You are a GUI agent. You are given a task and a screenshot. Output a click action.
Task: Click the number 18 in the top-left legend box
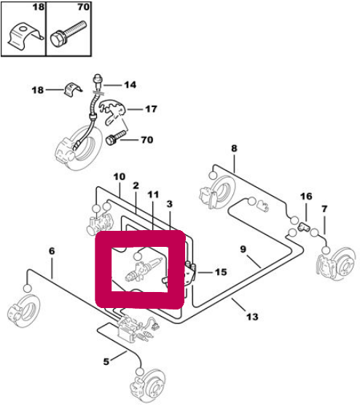coord(38,7)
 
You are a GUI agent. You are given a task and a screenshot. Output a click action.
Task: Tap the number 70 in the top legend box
coord(83,7)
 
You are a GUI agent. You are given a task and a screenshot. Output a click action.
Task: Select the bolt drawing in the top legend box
coord(69,33)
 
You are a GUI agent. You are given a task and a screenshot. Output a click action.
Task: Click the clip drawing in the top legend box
coord(25,36)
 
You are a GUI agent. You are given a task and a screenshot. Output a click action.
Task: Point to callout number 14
coord(130,84)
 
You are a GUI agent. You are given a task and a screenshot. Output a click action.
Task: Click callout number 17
coord(151,109)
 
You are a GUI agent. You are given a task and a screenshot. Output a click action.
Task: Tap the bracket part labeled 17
coord(112,111)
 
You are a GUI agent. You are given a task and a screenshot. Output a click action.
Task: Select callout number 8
coord(234,148)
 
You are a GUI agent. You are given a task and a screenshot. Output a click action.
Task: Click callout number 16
coord(306,197)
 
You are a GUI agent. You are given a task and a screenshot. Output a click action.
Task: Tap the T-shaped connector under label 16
coord(303,227)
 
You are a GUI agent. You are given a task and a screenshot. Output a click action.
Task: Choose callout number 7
coord(324,209)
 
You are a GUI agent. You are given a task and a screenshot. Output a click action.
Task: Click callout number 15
coord(221,272)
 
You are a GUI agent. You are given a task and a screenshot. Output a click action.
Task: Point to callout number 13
coord(252,317)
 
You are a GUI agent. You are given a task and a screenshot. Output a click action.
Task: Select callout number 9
coord(243,249)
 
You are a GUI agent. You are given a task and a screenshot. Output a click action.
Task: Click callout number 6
coord(52,251)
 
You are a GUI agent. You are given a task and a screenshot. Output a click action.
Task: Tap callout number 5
coord(106,362)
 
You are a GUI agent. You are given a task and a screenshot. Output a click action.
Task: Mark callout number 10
coord(119,176)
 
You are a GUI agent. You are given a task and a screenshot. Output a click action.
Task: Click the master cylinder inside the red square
coord(143,270)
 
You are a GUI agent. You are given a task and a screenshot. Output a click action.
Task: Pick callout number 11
coord(153,194)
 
